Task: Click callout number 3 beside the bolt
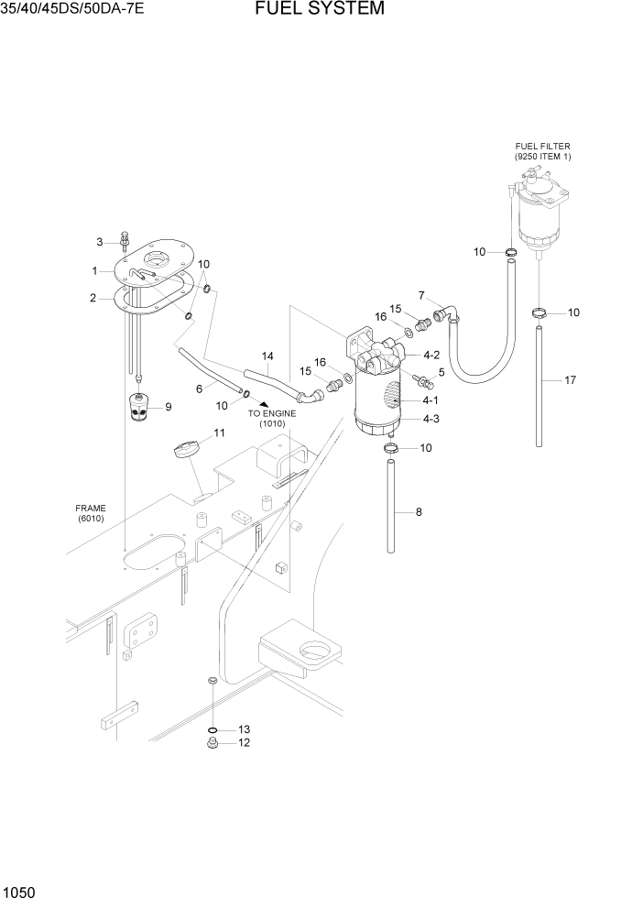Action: tap(99, 242)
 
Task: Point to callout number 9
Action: tap(168, 407)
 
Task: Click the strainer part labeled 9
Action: tap(141, 405)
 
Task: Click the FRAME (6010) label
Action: tap(92, 513)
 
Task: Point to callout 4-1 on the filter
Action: tap(430, 400)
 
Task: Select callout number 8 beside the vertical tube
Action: tap(419, 512)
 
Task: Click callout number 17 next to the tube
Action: tap(570, 379)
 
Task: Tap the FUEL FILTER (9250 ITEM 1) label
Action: tap(542, 151)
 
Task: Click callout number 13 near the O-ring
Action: tap(244, 729)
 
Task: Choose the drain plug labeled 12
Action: tap(213, 744)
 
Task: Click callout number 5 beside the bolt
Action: tap(441, 372)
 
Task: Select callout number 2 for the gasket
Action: tap(93, 297)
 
